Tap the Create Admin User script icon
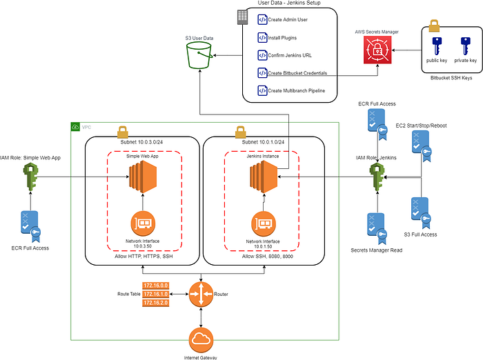(262, 20)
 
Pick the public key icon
(435, 47)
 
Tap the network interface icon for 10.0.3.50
(141, 223)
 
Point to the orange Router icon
(201, 294)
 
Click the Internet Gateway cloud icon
(201, 339)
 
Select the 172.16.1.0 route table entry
(155, 294)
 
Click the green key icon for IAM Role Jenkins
(377, 178)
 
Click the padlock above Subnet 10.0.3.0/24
(121, 130)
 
